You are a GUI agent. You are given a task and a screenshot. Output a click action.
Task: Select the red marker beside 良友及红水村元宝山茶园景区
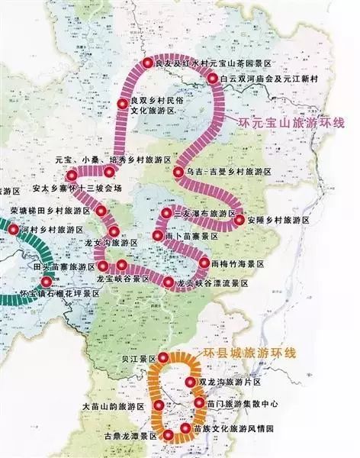tap(148, 64)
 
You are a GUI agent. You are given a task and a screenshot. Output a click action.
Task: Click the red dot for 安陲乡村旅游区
tap(239, 220)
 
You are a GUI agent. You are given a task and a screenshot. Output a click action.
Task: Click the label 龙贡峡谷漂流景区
tap(214, 282)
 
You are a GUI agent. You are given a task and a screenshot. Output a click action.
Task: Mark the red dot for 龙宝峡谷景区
tap(122, 266)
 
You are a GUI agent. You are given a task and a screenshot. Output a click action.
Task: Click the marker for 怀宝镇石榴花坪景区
tap(47, 282)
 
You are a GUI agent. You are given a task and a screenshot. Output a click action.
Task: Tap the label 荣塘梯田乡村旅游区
tap(50, 209)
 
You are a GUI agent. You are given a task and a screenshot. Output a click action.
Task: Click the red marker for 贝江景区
tap(162, 358)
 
